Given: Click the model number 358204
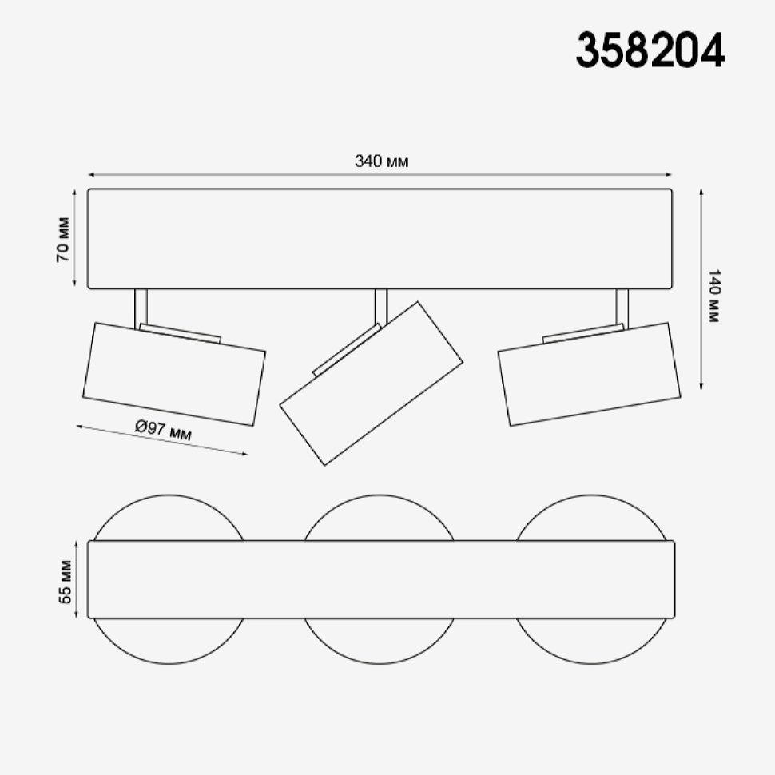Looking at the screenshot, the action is (x=650, y=50).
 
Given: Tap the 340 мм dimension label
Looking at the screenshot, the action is (x=382, y=161).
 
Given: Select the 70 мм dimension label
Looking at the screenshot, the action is (x=63, y=239).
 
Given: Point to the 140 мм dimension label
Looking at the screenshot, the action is (x=713, y=296).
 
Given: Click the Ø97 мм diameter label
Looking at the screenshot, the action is (x=163, y=430).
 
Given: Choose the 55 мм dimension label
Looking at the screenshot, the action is (x=66, y=582).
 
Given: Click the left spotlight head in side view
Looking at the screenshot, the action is (x=174, y=374).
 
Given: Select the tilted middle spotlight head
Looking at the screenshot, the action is (x=372, y=384).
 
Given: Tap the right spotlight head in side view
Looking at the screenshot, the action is (x=589, y=374).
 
